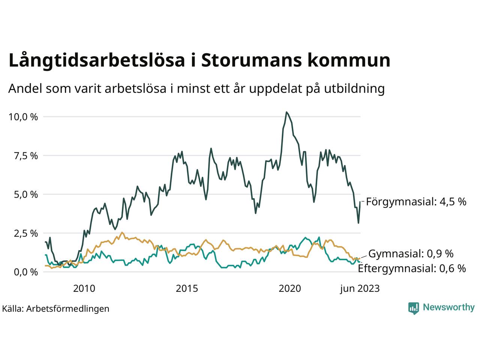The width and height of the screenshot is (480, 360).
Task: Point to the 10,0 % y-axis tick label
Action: (23, 117)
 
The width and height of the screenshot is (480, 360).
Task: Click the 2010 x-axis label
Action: (84, 288)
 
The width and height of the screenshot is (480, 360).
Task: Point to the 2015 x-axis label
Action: (187, 288)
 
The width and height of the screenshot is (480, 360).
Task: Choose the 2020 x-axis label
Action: (290, 288)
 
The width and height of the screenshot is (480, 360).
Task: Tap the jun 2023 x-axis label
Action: (360, 288)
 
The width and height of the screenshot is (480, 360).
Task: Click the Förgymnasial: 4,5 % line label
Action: (416, 202)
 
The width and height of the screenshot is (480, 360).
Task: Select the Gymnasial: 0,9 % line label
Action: (411, 254)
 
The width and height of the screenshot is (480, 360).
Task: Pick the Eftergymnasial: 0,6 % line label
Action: (412, 268)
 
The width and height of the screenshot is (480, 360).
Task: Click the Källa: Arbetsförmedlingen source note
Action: (55, 309)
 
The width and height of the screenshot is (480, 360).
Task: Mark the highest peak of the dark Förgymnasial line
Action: (286, 112)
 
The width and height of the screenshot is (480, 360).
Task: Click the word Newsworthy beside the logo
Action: (448, 307)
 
